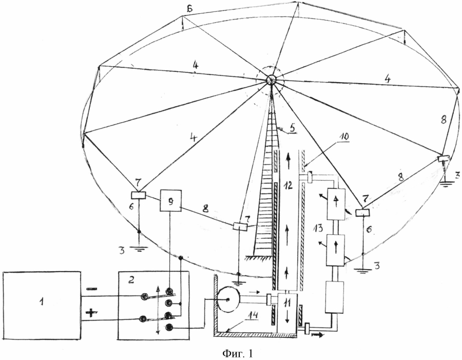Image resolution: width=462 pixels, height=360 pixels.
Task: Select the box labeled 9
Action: point(170,200)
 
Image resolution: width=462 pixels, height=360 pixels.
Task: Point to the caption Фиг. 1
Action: point(238,353)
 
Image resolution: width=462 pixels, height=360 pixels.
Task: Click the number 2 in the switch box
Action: point(131,279)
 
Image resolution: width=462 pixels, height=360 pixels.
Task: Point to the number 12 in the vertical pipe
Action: point(288,185)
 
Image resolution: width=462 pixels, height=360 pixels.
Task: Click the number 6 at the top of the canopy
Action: point(189,9)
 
